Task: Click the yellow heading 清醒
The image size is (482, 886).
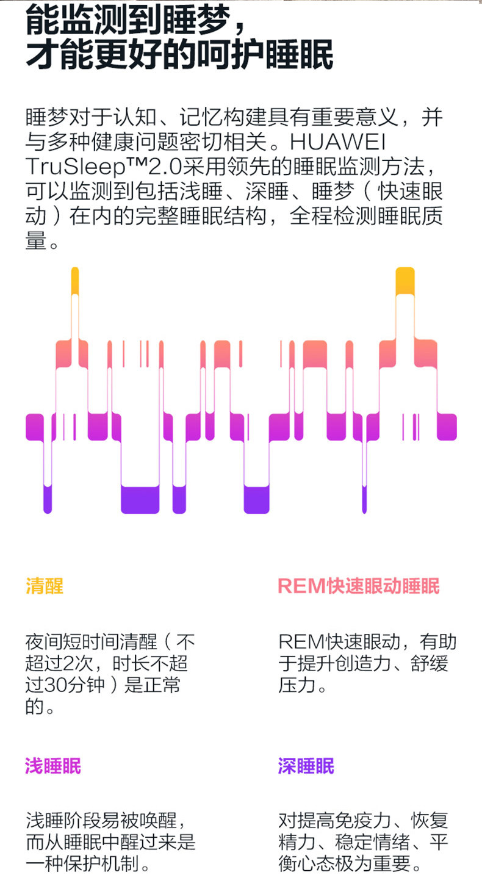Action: tap(44, 586)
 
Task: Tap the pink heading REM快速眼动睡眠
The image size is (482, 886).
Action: tap(358, 586)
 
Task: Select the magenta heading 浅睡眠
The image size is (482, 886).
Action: tap(53, 766)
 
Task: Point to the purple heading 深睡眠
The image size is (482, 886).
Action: tap(306, 766)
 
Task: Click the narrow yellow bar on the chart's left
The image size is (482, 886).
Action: tap(75, 281)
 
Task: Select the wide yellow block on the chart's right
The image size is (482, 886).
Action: tap(405, 281)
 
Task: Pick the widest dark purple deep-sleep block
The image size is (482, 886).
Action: tap(140, 499)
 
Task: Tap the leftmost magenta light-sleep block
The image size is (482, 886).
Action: tap(35, 427)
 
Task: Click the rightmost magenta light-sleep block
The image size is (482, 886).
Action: tap(447, 427)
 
